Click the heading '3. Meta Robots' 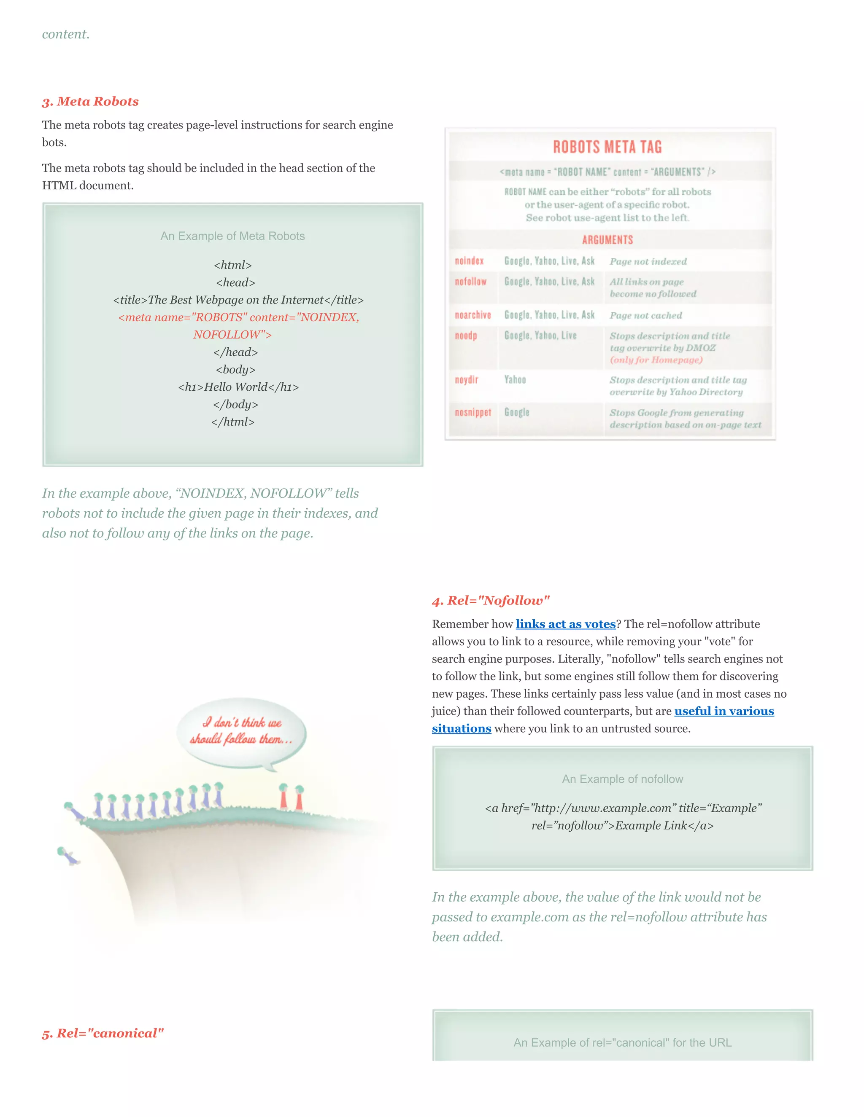click(x=90, y=101)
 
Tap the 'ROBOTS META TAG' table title click(x=607, y=147)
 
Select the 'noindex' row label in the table click(x=469, y=261)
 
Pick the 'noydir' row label click(x=466, y=379)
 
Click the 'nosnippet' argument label click(x=472, y=412)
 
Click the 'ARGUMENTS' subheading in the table click(x=607, y=240)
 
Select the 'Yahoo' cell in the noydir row click(x=515, y=379)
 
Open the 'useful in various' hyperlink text click(x=724, y=711)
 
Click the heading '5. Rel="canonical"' click(x=103, y=1033)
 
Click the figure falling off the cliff click(x=67, y=855)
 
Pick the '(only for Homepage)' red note click(x=656, y=360)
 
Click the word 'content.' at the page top click(x=65, y=34)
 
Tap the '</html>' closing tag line click(x=233, y=422)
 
